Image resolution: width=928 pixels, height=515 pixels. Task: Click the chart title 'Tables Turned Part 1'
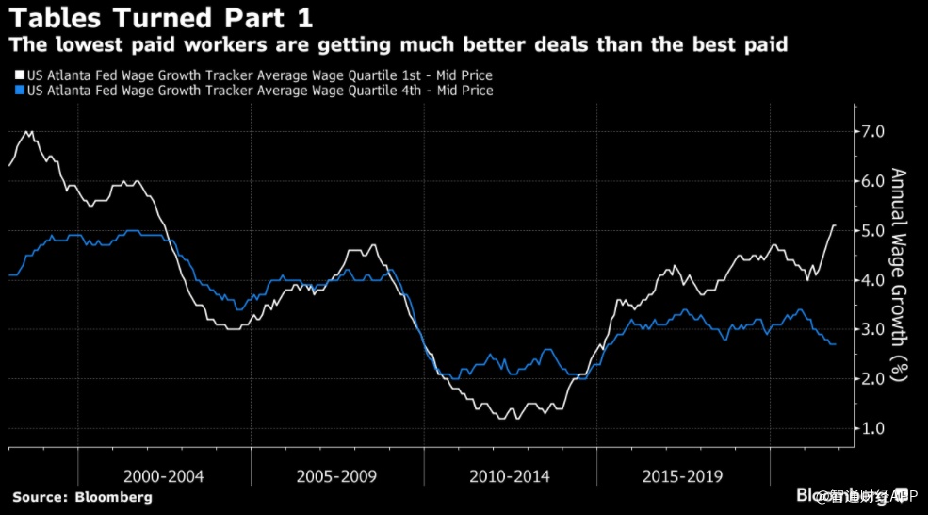(x=160, y=18)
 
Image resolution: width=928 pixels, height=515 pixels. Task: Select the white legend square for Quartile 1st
(x=19, y=75)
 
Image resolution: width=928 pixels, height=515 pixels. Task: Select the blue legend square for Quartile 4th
(x=19, y=91)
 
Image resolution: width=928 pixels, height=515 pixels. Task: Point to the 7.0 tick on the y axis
(x=871, y=132)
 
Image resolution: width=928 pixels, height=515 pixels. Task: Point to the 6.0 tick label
(x=871, y=181)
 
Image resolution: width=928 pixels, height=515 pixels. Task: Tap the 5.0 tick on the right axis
(x=871, y=231)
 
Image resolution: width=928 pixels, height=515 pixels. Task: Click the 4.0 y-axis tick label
(x=871, y=280)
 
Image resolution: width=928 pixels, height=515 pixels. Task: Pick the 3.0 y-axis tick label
(x=871, y=329)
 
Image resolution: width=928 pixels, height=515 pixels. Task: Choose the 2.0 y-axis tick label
(x=871, y=379)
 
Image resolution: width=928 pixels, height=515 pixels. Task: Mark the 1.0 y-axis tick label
(x=871, y=428)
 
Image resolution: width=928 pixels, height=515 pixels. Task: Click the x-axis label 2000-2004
(x=164, y=476)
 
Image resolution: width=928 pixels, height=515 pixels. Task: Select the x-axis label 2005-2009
(x=336, y=476)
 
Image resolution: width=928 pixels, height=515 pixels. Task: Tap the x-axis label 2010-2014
(x=510, y=476)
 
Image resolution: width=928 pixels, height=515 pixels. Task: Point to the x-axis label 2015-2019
(x=683, y=476)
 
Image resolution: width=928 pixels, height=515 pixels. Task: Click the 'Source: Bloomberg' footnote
(x=82, y=497)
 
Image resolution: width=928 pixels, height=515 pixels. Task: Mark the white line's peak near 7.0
(x=28, y=132)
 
